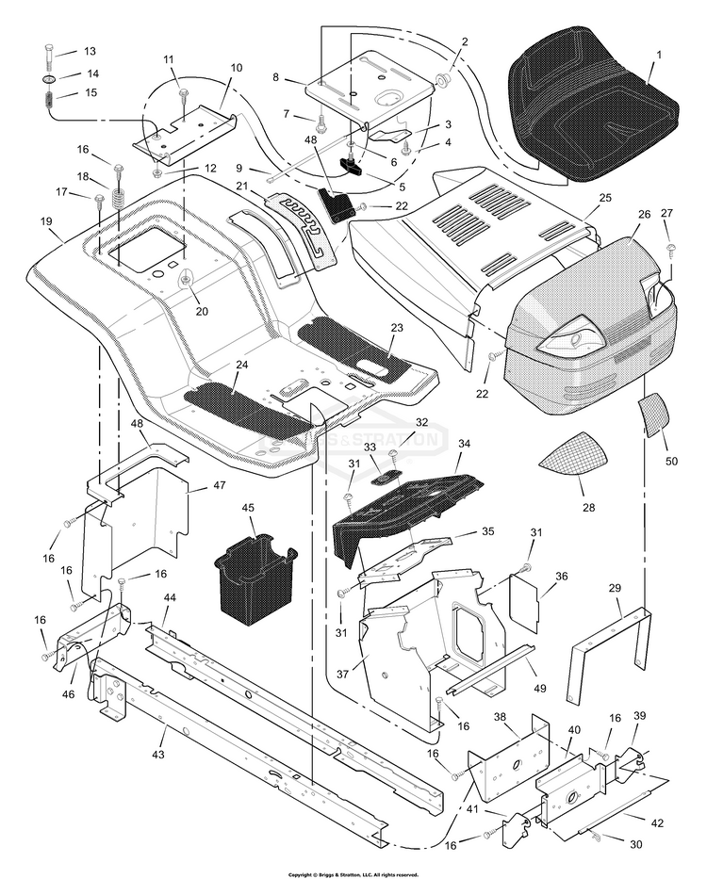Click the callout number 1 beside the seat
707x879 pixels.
click(x=658, y=56)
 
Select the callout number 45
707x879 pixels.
click(x=250, y=508)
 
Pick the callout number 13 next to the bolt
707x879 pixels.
click(x=90, y=51)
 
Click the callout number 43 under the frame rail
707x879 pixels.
click(x=158, y=754)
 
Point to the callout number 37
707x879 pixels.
click(x=343, y=674)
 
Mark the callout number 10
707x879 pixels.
click(x=236, y=68)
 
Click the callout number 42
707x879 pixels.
click(x=657, y=822)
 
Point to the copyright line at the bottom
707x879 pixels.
click(x=353, y=874)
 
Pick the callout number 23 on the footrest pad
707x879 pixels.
click(x=397, y=328)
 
